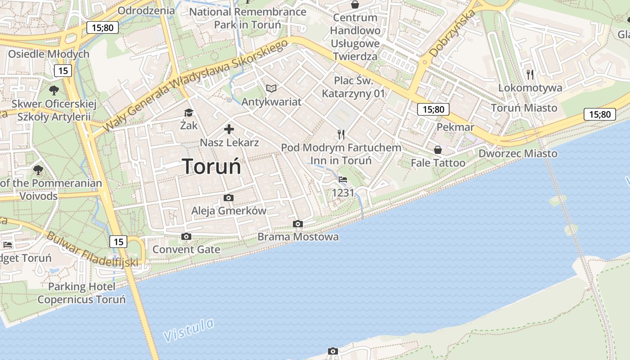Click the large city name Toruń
click(x=211, y=166)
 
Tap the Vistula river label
click(x=188, y=330)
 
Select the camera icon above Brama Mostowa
click(x=297, y=224)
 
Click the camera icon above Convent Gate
click(x=186, y=236)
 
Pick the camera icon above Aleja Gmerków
click(x=228, y=198)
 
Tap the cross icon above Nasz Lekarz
click(x=229, y=130)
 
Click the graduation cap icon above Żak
click(x=189, y=112)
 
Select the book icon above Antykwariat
click(x=271, y=88)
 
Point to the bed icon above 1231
click(x=343, y=180)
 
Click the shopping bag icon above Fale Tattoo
click(x=437, y=149)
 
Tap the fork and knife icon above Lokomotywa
click(x=530, y=74)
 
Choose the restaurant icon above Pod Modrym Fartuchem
click(x=341, y=134)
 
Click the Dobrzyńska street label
click(x=452, y=34)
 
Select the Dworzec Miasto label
click(x=517, y=153)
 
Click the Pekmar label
click(x=455, y=127)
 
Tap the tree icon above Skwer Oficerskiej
click(x=54, y=90)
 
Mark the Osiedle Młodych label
click(x=49, y=54)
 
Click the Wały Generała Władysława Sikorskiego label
click(x=196, y=85)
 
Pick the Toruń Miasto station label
click(x=524, y=108)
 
